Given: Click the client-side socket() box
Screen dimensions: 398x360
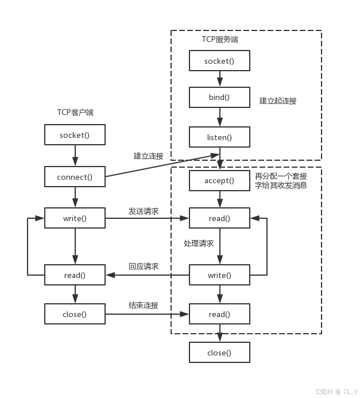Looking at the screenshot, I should click(75, 135).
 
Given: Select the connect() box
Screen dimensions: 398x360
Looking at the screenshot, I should click(75, 177).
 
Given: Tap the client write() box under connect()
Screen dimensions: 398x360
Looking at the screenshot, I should click(75, 218).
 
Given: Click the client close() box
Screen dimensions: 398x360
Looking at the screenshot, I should click(75, 314).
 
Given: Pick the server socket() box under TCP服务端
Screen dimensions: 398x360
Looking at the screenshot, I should click(219, 60).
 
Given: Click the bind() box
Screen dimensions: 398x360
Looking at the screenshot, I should click(219, 97).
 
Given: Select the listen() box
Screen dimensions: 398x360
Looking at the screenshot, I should click(219, 137).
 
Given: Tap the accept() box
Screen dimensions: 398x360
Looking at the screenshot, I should click(219, 180).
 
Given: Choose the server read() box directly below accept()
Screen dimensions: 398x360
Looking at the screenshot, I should click(219, 218).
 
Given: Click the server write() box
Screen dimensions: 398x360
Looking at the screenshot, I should click(219, 275).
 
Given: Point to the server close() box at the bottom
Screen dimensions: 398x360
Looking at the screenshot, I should click(219, 353).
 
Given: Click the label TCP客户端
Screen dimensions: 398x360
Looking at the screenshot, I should click(75, 113).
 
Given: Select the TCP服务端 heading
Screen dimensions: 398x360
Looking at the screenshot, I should click(219, 39).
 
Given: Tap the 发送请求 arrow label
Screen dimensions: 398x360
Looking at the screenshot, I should click(144, 211).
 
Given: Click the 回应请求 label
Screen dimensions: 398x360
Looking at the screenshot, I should click(144, 266).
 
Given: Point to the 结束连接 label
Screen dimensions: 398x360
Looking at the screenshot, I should click(144, 305).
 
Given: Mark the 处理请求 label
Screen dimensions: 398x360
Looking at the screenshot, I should click(199, 244).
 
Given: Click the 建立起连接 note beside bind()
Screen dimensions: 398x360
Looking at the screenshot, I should click(278, 101).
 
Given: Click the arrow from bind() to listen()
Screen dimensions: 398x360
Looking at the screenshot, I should click(219, 117).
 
